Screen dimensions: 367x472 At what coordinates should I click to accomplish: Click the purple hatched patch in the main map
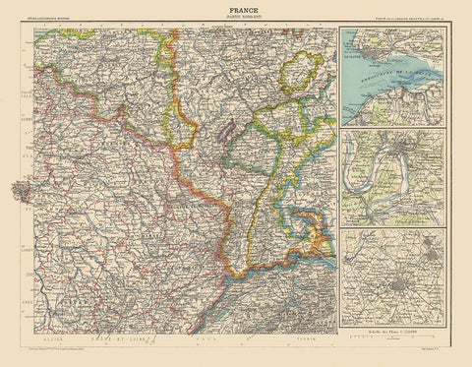point(229,129)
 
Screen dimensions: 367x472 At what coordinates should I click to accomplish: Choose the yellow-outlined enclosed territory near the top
point(298,75)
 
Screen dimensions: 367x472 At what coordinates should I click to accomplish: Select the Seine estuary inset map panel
point(391,79)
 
